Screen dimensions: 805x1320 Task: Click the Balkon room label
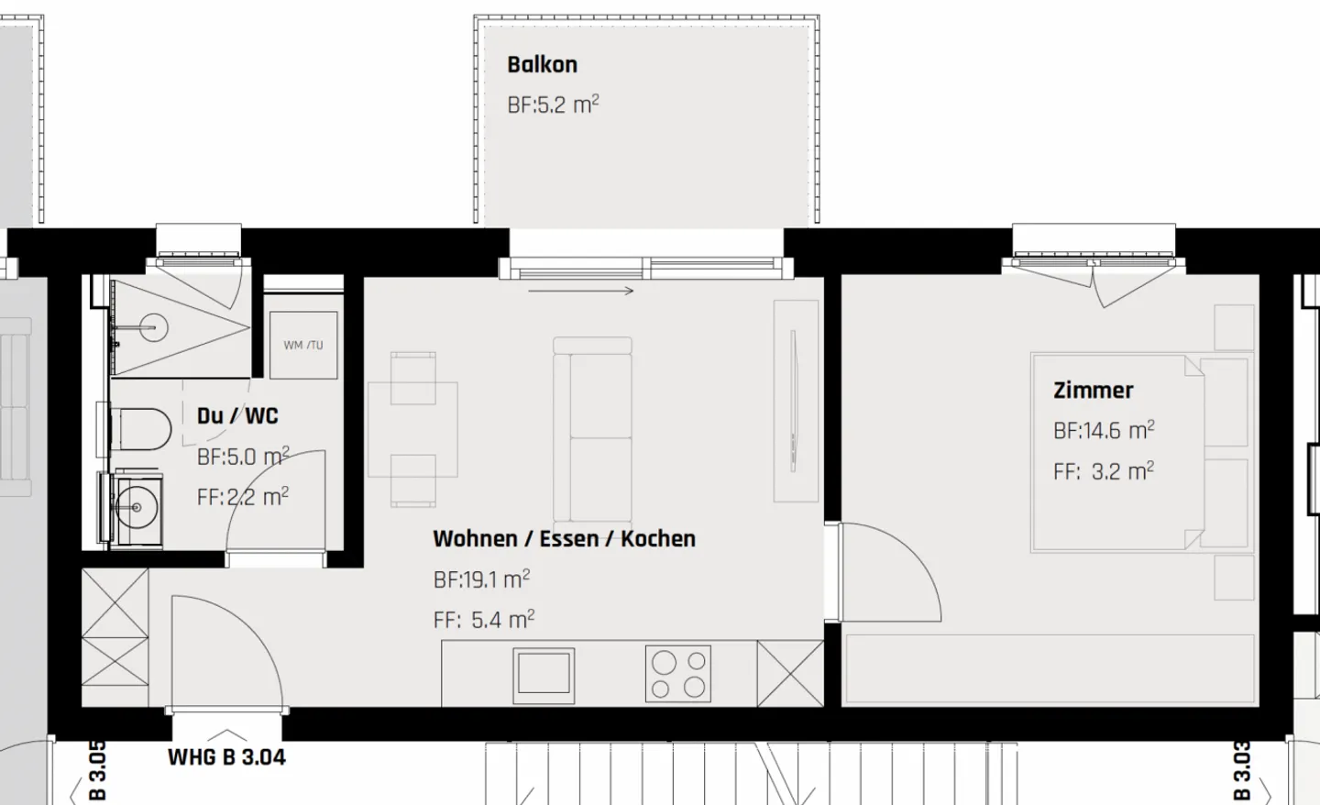pyautogui.click(x=542, y=65)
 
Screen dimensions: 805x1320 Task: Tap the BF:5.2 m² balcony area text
pyautogui.click(x=553, y=105)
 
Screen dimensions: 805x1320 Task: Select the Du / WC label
pyautogui.click(x=237, y=416)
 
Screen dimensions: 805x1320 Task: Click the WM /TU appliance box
pyautogui.click(x=303, y=345)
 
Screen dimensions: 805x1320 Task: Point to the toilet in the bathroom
pyautogui.click(x=142, y=428)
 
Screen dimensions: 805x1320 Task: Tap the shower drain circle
pyautogui.click(x=153, y=326)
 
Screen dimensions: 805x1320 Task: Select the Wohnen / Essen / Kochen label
pyautogui.click(x=564, y=538)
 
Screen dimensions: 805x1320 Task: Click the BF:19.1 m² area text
pyautogui.click(x=481, y=579)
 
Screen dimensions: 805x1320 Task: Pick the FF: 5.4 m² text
pyautogui.click(x=483, y=620)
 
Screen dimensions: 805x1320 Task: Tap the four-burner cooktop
pyautogui.click(x=678, y=674)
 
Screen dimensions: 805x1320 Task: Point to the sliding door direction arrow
pyautogui.click(x=581, y=292)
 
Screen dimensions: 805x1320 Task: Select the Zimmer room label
pyautogui.click(x=1093, y=391)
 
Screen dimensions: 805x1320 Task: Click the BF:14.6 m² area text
pyautogui.click(x=1103, y=430)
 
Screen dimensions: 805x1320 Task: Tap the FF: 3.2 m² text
pyautogui.click(x=1103, y=471)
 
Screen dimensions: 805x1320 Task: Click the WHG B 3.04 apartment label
pyautogui.click(x=226, y=757)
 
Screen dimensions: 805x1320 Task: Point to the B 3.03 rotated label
pyautogui.click(x=1242, y=771)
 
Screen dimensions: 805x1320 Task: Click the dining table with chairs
pyautogui.click(x=412, y=429)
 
